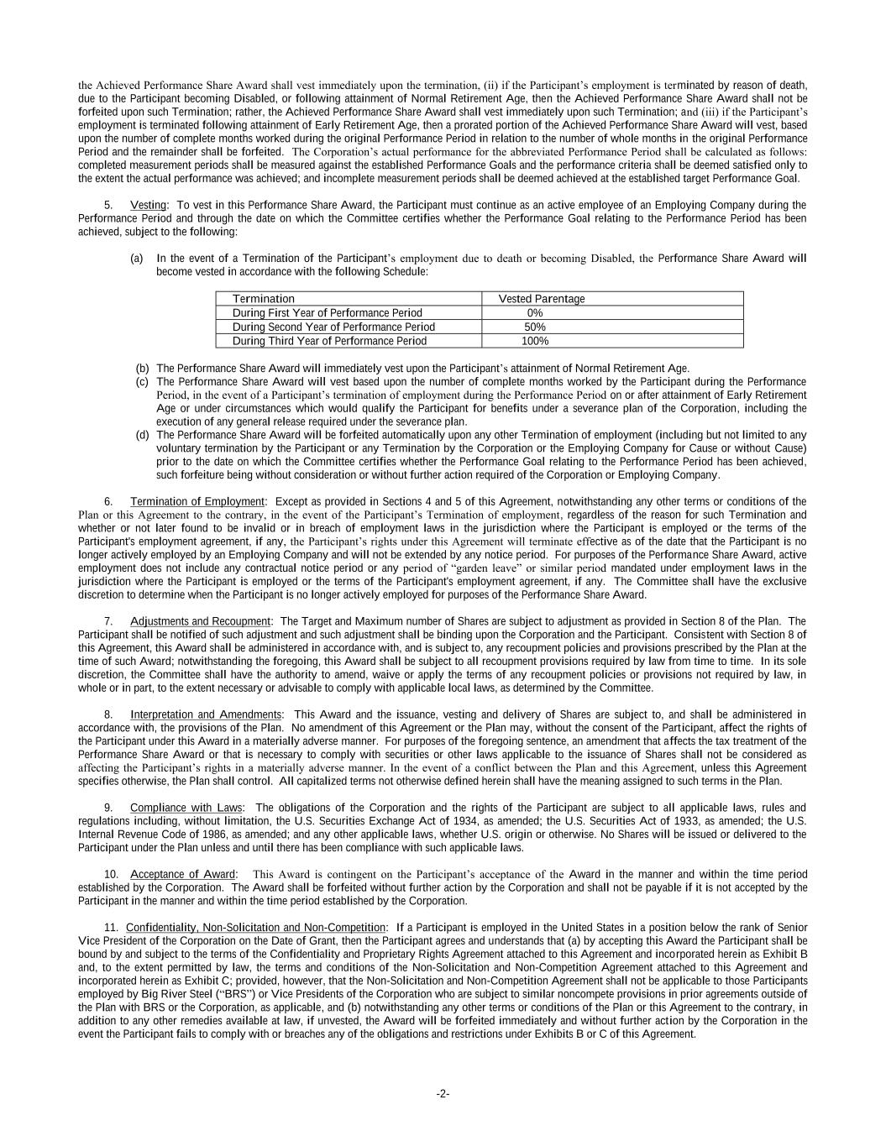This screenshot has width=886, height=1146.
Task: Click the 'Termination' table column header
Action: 263,299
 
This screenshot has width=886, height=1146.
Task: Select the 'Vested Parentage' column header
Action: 542,299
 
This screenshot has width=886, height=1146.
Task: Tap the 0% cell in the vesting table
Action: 535,313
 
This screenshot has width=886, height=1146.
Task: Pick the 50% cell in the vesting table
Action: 535,327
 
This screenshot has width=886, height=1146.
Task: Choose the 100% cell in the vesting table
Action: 535,341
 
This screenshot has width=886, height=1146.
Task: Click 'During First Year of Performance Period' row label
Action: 327,313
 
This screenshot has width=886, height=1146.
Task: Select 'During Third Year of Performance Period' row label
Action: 329,341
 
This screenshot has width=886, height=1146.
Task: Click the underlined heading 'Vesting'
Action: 149,205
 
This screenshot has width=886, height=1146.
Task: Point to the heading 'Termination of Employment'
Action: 197,502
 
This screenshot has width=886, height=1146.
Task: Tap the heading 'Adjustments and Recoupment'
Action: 201,621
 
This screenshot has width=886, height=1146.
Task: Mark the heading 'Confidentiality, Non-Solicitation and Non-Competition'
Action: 255,928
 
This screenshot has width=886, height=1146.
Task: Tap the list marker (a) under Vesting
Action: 137,259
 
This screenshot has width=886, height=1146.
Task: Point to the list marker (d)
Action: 143,435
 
